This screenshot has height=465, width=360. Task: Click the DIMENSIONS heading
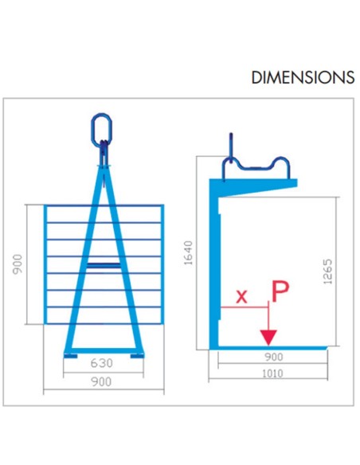(x=303, y=77)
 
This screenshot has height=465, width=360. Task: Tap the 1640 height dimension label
(x=188, y=252)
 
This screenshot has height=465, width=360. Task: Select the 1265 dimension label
(x=327, y=272)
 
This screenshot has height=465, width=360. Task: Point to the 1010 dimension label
(x=272, y=373)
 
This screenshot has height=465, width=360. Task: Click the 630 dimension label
(x=101, y=363)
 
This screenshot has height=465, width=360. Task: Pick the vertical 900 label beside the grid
(x=18, y=264)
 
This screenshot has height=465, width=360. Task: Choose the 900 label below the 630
(x=101, y=381)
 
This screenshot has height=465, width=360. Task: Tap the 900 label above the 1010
(x=273, y=357)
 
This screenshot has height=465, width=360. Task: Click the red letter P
(x=280, y=291)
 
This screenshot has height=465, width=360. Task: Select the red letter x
(x=241, y=296)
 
